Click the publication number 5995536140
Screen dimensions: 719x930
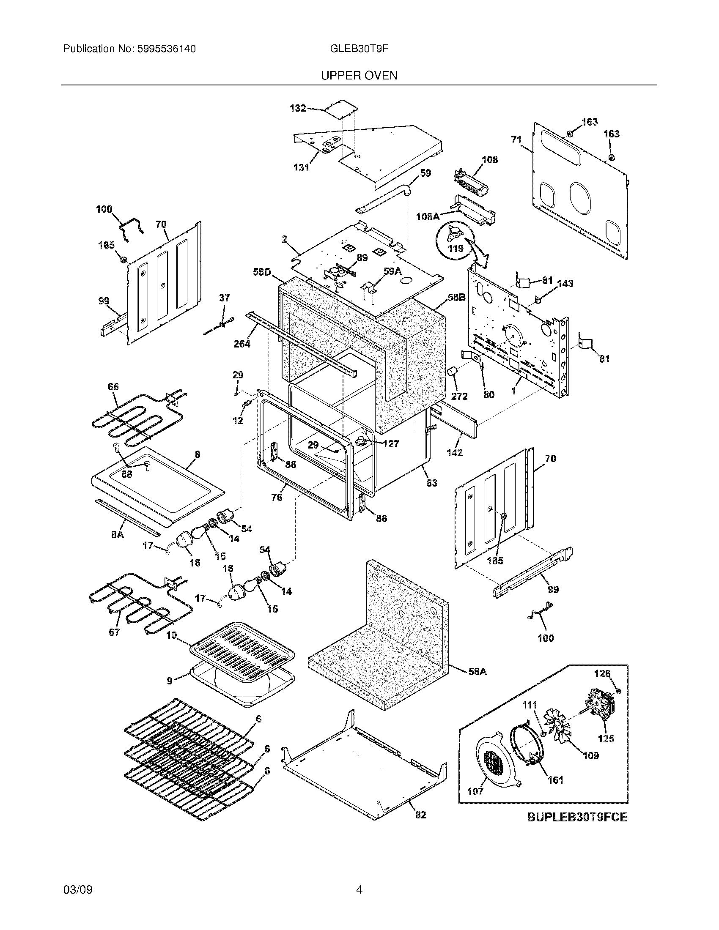pyautogui.click(x=166, y=49)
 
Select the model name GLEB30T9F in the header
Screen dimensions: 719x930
pyautogui.click(x=359, y=49)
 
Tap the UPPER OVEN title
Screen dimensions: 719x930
pyautogui.click(x=359, y=76)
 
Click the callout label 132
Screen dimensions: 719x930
pyautogui.click(x=298, y=108)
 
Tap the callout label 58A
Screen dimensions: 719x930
pyautogui.click(x=477, y=672)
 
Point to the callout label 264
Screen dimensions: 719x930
pyautogui.click(x=242, y=344)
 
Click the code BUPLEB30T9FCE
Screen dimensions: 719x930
pyautogui.click(x=577, y=817)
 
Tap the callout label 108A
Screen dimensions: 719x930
pyautogui.click(x=428, y=217)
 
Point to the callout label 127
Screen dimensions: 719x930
pyautogui.click(x=390, y=444)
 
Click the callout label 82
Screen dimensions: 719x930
pyautogui.click(x=420, y=815)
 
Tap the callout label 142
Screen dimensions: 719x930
pyautogui.click(x=455, y=453)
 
